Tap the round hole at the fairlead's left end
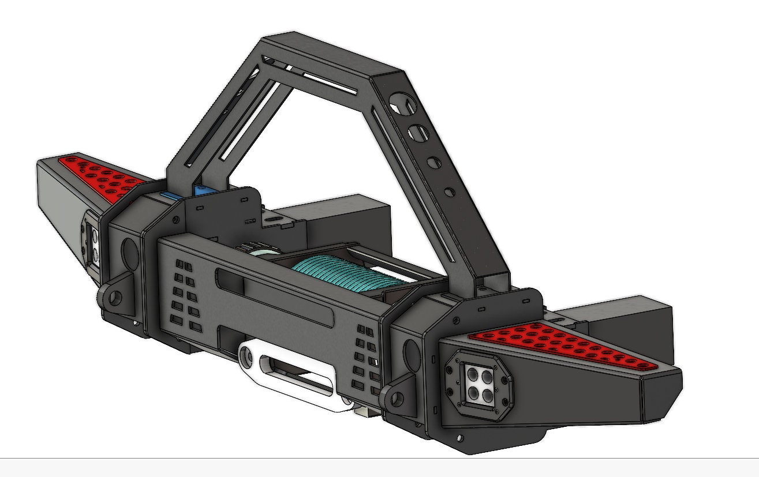[249, 358]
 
